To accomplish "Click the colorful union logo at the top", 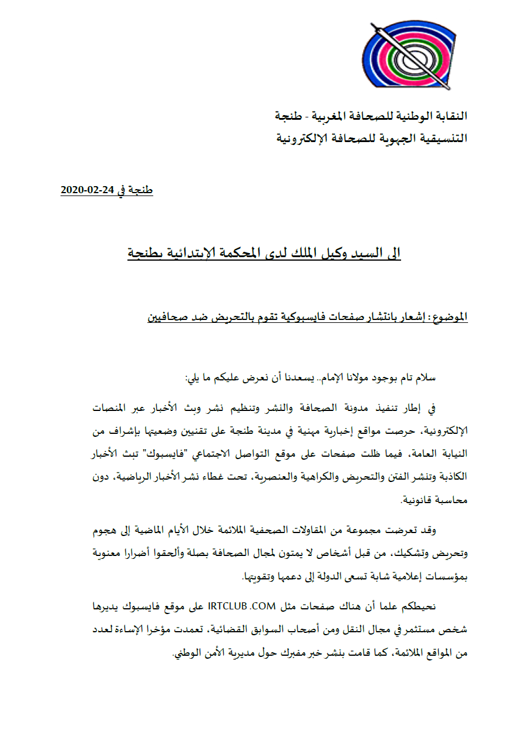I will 409,56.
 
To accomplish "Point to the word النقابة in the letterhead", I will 447,116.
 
